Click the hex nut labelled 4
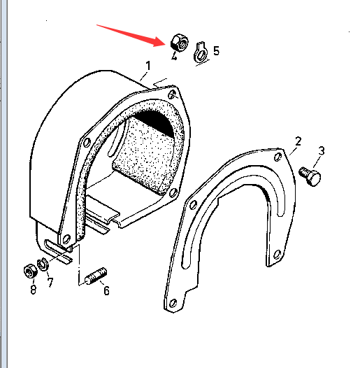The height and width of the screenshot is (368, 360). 180,42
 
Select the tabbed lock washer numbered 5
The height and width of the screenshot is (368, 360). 201,52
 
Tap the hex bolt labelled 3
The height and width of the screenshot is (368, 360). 310,176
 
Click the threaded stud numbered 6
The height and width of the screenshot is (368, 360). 96,276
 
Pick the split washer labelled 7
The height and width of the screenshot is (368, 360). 43,264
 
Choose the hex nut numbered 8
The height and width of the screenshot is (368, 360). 31,271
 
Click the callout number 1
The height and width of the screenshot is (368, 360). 148,66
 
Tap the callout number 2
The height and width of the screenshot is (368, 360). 298,141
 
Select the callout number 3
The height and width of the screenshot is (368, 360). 322,151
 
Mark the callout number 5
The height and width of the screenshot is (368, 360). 216,50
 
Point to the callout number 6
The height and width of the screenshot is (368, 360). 106,290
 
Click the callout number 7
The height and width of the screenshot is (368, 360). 50,283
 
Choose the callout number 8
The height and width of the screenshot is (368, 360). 34,290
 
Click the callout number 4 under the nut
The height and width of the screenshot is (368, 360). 174,56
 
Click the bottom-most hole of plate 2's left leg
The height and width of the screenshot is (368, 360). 173,303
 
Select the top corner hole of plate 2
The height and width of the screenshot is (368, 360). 278,157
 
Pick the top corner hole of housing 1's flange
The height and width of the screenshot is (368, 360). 172,94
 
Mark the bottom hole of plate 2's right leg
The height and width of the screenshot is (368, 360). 278,254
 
